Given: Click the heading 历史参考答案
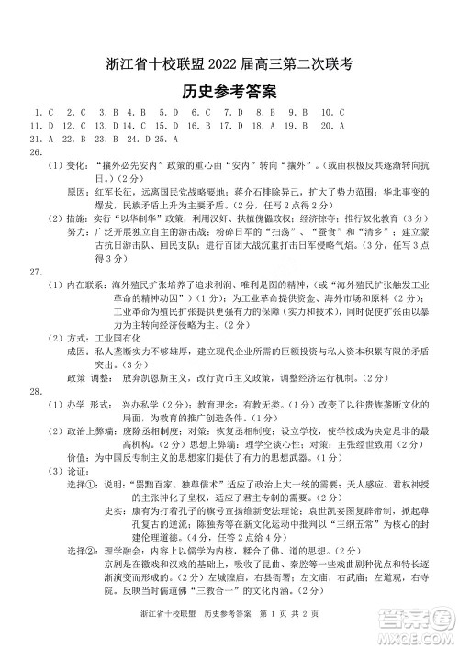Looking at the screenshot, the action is pos(229,93).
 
